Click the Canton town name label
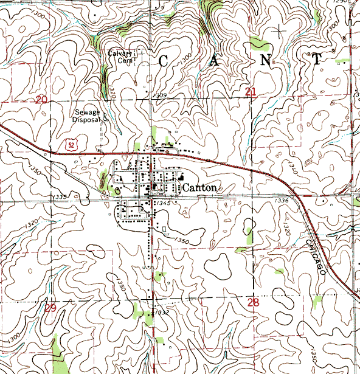(x=199, y=188)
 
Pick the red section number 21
(x=251, y=91)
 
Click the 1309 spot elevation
(x=160, y=95)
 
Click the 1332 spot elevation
(x=161, y=313)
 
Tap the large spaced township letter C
(x=165, y=61)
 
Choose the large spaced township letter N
(x=266, y=60)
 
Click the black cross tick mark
(x=279, y=30)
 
